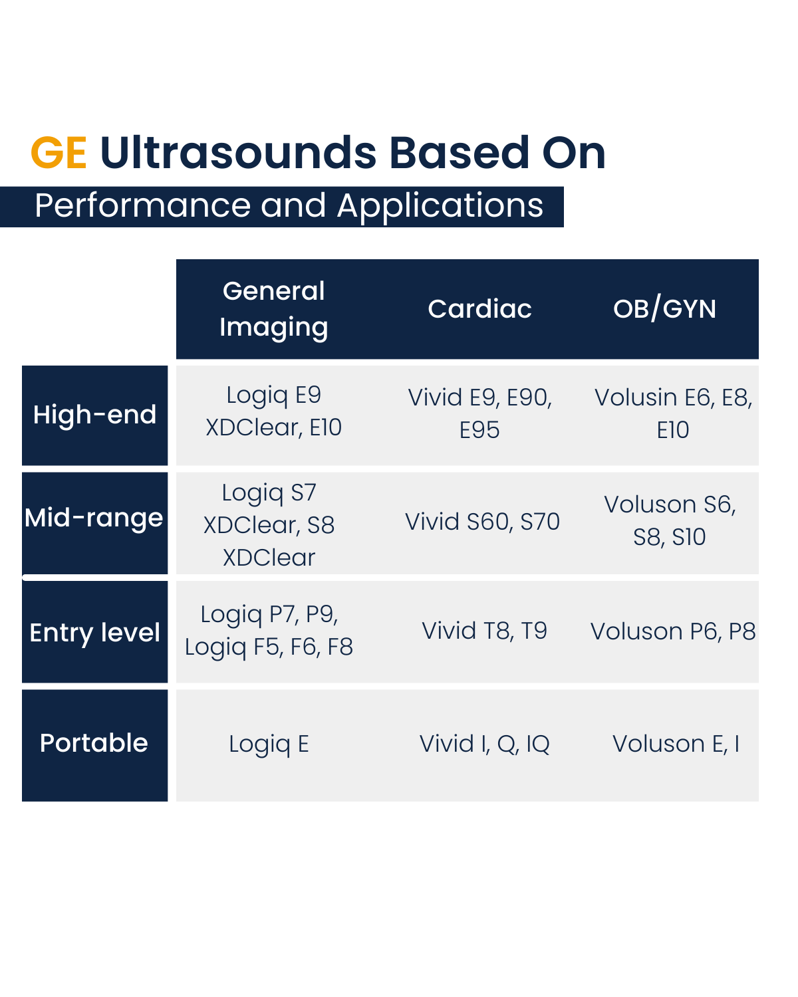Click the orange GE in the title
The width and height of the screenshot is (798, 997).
click(x=59, y=152)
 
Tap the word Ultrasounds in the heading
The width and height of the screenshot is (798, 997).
click(x=238, y=152)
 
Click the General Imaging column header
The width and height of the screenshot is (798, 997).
click(x=273, y=309)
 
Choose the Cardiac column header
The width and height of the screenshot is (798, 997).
click(x=479, y=309)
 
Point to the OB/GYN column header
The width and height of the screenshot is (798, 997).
click(x=664, y=309)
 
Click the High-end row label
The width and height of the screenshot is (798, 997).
click(x=94, y=415)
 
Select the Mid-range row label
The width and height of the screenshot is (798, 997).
click(x=94, y=518)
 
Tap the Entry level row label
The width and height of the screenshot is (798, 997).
click(x=94, y=633)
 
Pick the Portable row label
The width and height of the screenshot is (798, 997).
click(x=94, y=743)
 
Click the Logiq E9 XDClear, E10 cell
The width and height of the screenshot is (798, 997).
click(x=273, y=411)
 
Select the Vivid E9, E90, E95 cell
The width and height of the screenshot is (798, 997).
click(x=480, y=413)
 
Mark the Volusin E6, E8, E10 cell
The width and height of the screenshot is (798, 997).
click(x=673, y=413)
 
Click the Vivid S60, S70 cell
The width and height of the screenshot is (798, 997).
click(x=482, y=522)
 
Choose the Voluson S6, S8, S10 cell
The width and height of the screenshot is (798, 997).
click(x=670, y=520)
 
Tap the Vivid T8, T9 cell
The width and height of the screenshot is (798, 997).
click(x=485, y=631)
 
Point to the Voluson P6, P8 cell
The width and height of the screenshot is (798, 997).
click(x=673, y=631)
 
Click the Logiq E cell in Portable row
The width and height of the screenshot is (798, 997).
click(x=269, y=744)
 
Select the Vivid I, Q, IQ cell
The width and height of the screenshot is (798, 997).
click(x=485, y=744)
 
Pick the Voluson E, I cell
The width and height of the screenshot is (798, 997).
click(x=676, y=744)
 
